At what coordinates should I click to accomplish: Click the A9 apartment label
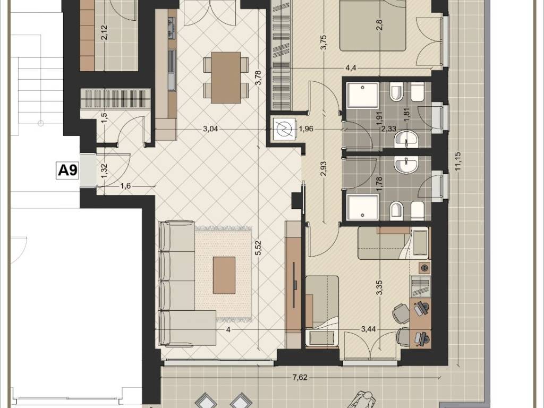tap(67, 171)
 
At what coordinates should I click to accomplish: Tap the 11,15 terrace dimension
tap(458, 161)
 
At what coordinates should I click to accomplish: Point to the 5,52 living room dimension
tap(258, 249)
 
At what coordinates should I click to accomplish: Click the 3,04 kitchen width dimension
tap(210, 129)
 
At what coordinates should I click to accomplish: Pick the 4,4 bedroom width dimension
tap(351, 67)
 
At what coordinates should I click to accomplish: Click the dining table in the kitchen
tap(226, 78)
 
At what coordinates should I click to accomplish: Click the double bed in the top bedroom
tap(372, 25)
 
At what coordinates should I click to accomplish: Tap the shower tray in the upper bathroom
tap(363, 95)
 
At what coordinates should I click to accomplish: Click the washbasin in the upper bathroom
tap(406, 139)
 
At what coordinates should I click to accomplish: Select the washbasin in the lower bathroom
tap(406, 165)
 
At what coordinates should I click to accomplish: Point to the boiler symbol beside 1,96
tap(284, 129)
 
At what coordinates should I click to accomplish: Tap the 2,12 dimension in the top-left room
tap(105, 33)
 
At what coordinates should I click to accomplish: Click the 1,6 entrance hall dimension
tap(125, 186)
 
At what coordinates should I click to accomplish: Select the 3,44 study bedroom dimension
tap(369, 329)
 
